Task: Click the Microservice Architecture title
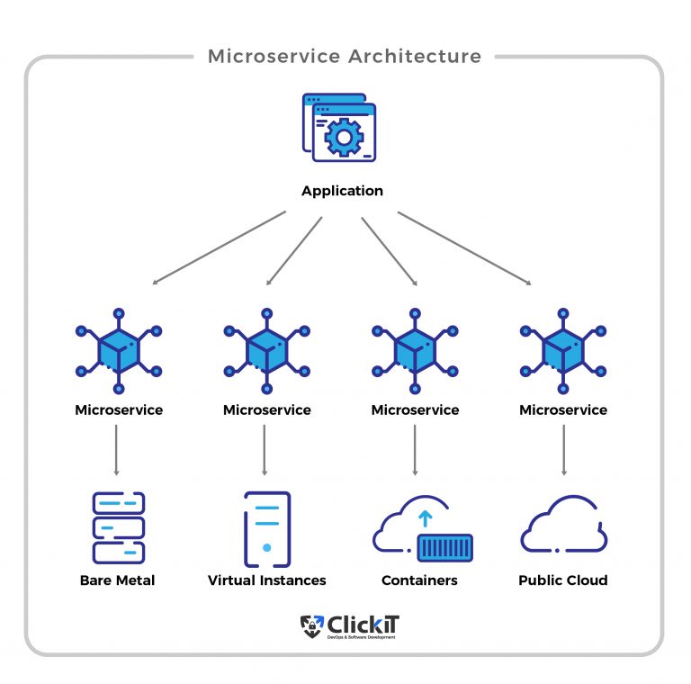pos(345,57)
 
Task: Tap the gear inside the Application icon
pos(342,136)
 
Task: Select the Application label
pos(342,191)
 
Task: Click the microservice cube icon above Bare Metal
pos(119,349)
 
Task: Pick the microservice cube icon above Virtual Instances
pos(266,349)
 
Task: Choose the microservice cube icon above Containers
pos(415,349)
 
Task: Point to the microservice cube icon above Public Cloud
pos(563,349)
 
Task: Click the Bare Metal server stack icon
pos(118,527)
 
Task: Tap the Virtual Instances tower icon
pos(266,528)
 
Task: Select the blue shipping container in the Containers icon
pos(444,547)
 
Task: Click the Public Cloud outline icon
pos(563,527)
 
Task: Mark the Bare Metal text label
pos(117,580)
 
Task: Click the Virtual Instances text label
pos(266,580)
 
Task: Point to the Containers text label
pos(419,580)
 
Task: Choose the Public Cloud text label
pos(563,580)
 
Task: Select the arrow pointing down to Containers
pos(415,449)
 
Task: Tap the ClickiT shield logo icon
pos(310,625)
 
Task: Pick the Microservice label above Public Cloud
pos(563,410)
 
